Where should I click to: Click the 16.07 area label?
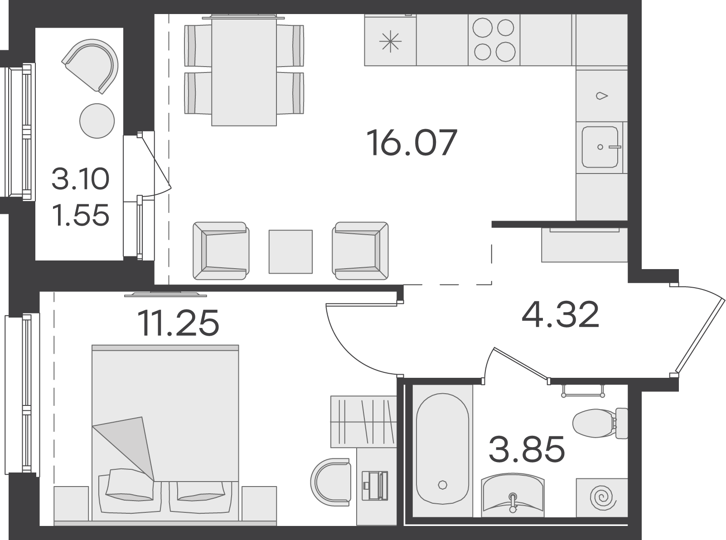412,143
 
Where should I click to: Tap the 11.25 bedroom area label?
178,323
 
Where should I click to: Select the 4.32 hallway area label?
560,314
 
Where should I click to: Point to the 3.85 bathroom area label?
527,449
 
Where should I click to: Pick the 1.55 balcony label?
81,215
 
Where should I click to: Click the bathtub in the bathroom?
443,449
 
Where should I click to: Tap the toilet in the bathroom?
600,423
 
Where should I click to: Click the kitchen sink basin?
600,147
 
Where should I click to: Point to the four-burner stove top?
494,39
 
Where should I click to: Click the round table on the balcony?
97,121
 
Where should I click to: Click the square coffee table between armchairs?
290,252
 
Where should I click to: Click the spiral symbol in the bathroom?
602,498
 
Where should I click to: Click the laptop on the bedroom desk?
375,485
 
